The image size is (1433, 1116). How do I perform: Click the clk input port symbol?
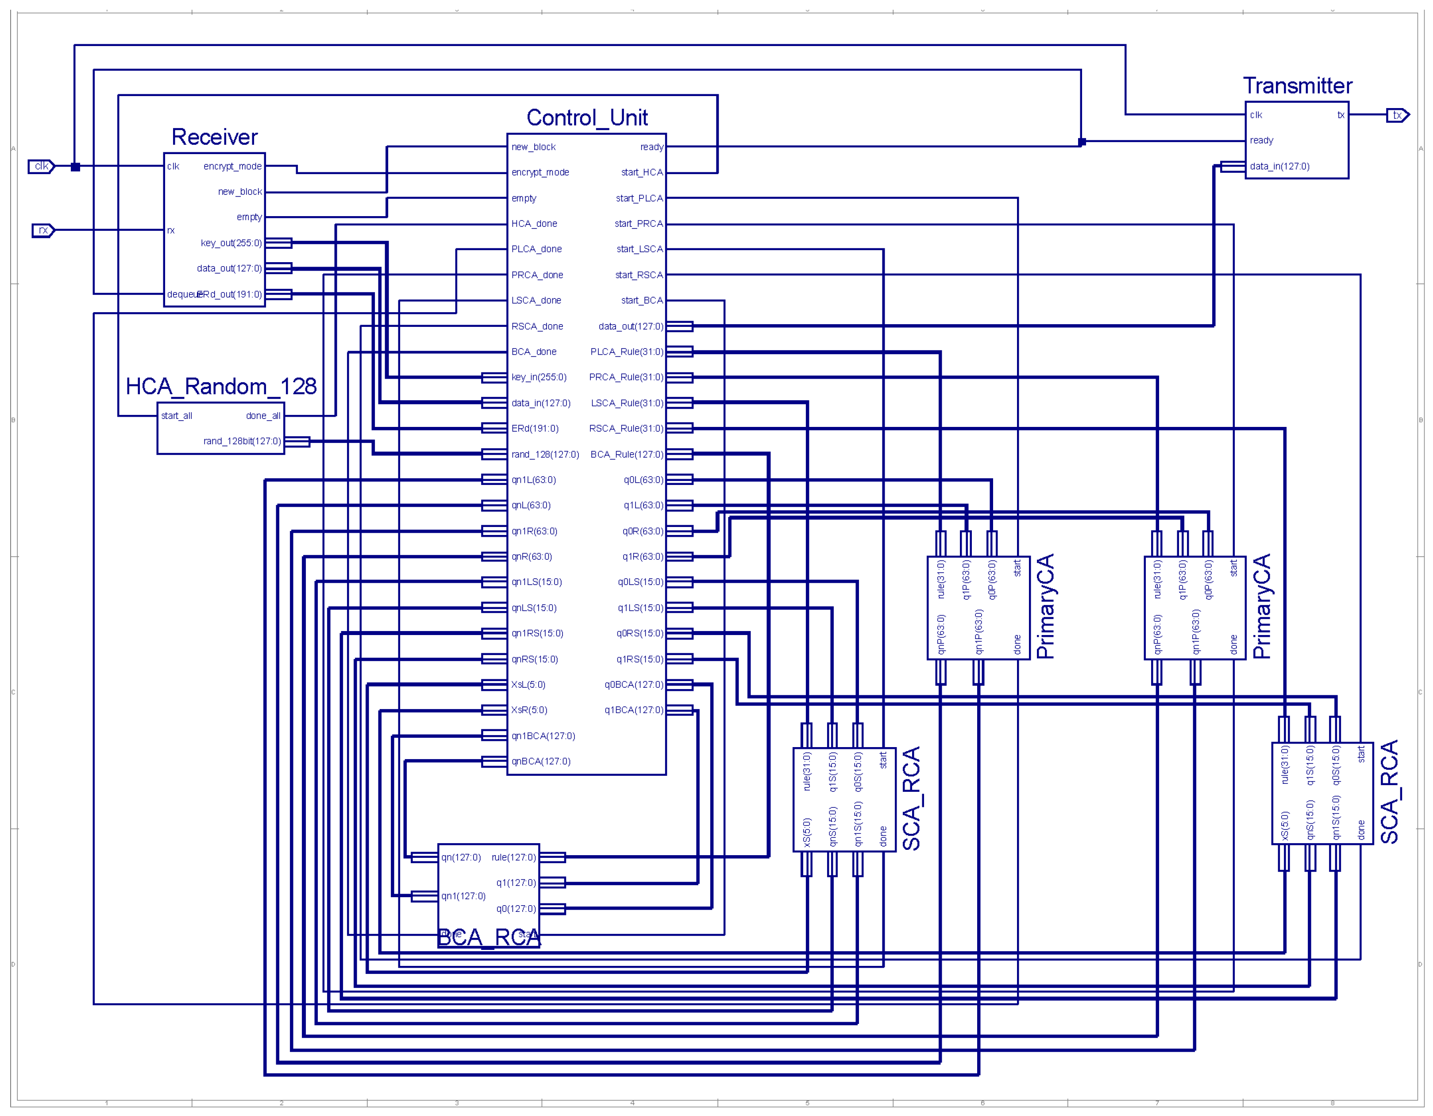41,166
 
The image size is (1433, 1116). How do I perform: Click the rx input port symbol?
43,230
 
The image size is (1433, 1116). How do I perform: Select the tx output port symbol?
1397,115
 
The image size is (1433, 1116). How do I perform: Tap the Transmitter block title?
1297,86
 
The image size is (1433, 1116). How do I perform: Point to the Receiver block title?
215,137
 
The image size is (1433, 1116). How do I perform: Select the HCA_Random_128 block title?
221,386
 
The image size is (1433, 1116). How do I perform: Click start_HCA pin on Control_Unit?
642,173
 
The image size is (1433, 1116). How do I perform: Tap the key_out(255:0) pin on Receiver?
231,243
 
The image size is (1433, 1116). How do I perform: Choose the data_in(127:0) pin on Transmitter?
1279,166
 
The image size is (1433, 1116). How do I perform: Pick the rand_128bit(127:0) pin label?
242,441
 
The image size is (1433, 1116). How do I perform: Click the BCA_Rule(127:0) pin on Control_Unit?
627,454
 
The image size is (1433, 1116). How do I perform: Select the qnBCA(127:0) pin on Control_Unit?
541,762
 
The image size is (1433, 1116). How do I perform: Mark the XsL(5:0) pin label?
528,685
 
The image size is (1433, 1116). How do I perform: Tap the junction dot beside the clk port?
75,167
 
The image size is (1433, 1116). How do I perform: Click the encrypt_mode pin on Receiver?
232,166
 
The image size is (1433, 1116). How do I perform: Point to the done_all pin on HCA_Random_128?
263,415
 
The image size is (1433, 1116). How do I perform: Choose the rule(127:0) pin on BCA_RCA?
513,857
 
